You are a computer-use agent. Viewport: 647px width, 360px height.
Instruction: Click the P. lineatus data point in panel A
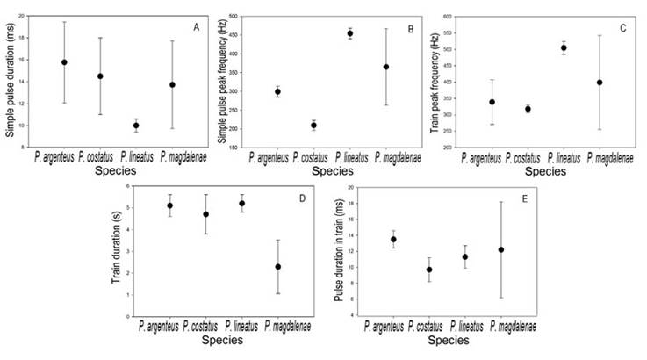(x=136, y=126)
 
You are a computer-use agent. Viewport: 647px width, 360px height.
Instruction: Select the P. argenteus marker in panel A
(x=64, y=62)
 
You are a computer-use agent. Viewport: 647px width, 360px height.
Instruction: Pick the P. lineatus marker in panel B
(x=349, y=33)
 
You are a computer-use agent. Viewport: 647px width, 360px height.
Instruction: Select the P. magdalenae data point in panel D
(x=277, y=267)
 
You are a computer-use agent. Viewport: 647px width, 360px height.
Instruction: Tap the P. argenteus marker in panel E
(x=393, y=239)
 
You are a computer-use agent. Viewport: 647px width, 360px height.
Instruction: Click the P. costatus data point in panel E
(x=429, y=270)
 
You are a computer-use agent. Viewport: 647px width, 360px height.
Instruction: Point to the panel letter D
(x=304, y=198)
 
